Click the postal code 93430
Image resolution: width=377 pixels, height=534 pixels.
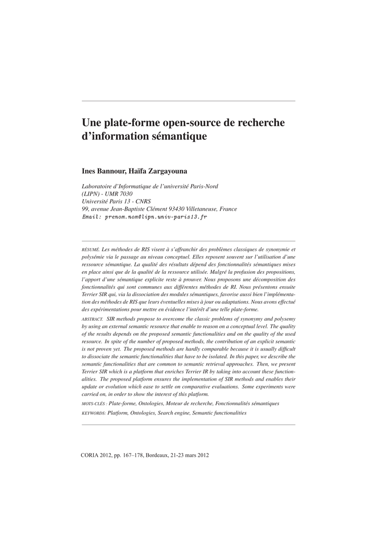point(169,209)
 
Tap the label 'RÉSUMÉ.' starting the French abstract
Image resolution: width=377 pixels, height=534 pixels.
point(91,250)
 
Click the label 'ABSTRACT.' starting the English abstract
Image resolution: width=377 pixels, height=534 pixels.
point(93,318)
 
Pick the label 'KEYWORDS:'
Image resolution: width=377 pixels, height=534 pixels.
point(94,413)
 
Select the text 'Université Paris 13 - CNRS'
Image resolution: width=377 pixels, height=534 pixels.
point(114,201)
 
